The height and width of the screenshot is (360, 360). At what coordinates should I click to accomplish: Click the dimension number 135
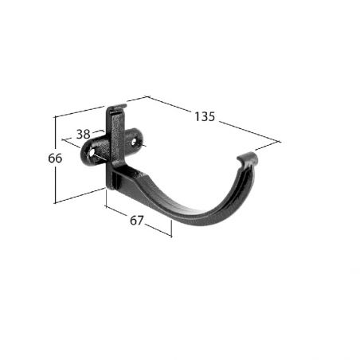pos(205,116)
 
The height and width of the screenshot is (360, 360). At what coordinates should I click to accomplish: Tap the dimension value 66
pos(55,158)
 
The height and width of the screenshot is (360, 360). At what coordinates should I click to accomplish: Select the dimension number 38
pos(83,134)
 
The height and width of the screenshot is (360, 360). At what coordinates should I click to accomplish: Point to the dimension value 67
pos(137,221)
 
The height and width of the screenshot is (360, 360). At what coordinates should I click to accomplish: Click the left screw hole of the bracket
pos(92,154)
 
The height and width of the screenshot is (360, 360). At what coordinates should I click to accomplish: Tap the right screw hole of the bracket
pos(134,142)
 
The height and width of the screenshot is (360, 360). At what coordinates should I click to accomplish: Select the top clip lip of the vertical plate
pos(117,108)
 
